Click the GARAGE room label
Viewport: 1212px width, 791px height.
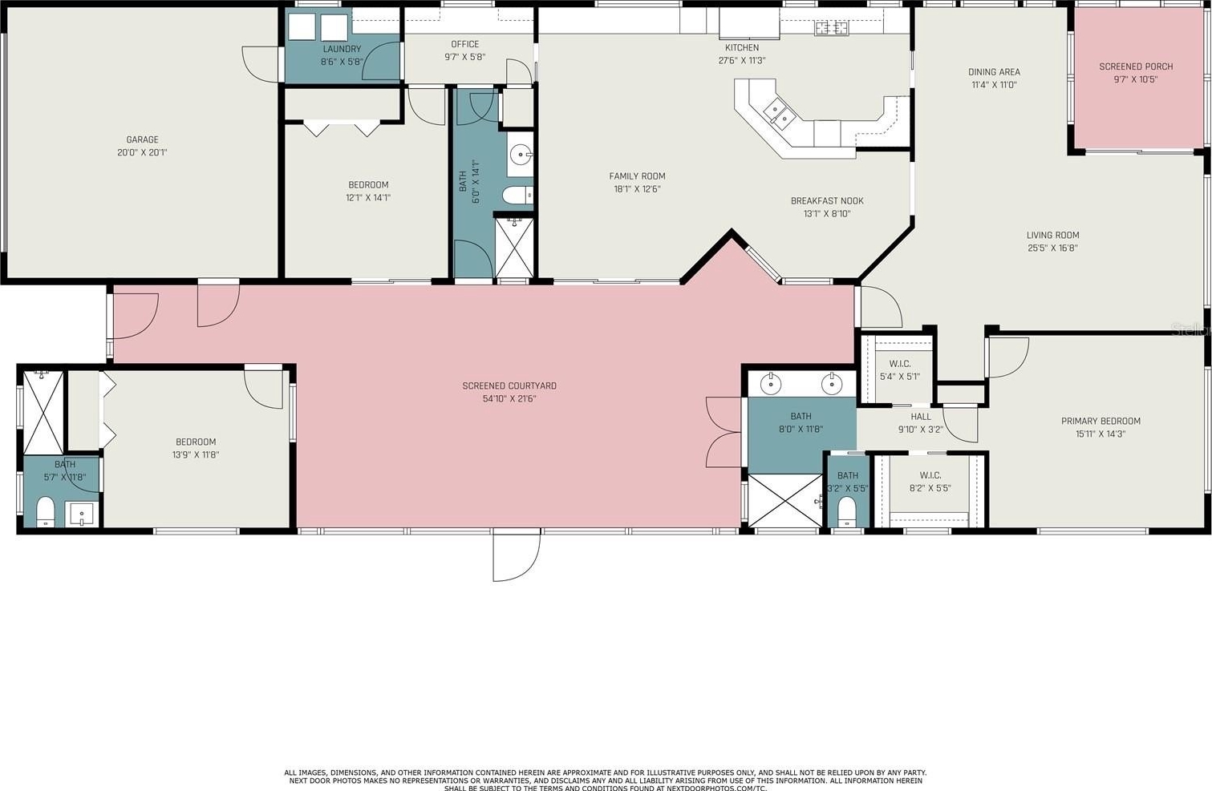(142, 139)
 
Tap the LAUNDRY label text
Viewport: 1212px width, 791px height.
(342, 49)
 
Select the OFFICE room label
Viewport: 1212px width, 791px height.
(464, 44)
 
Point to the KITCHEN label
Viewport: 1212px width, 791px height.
(742, 47)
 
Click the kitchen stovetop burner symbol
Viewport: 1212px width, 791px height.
(832, 26)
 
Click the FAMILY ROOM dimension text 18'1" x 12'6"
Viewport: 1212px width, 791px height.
(637, 189)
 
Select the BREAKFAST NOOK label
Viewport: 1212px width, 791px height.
(827, 200)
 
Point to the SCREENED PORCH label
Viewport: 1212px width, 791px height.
(1136, 67)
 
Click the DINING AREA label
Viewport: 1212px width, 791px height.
(994, 72)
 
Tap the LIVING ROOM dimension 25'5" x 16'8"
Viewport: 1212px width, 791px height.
(1052, 248)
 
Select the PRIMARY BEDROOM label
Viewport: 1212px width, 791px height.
(1101, 421)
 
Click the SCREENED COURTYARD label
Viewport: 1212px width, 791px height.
(509, 386)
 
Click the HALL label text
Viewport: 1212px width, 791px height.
(920, 417)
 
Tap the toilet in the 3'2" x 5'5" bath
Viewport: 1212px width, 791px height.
(846, 511)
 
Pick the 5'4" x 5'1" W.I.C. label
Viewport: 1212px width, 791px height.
(900, 364)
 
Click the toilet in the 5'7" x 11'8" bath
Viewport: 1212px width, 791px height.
(46, 511)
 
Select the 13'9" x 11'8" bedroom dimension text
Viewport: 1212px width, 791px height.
(196, 454)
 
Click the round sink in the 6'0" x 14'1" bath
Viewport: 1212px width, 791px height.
(520, 154)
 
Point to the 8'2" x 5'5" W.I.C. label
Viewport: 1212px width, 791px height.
(930, 475)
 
